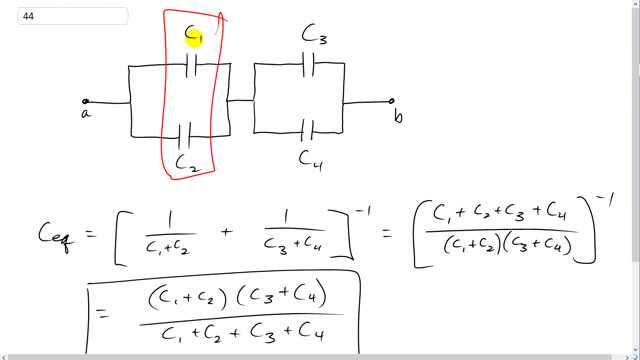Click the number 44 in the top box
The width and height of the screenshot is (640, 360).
point(28,16)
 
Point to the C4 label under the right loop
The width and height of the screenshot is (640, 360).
point(312,157)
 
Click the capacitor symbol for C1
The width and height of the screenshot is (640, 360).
point(193,66)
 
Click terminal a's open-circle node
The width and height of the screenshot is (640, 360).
point(86,101)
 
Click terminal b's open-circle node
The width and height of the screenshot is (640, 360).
point(391,101)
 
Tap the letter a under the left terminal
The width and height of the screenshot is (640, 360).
point(86,115)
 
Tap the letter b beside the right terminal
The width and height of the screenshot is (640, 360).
point(398,117)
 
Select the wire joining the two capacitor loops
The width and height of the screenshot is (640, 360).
point(240,100)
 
